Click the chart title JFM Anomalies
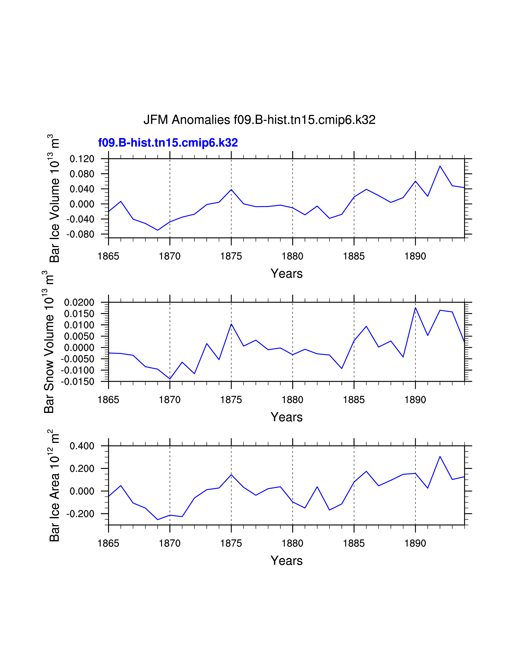click(x=259, y=120)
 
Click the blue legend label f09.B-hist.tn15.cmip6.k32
click(x=168, y=143)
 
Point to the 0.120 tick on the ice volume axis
click(x=82, y=159)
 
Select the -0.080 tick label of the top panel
click(x=80, y=234)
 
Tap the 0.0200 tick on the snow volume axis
click(x=79, y=302)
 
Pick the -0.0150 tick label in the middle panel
click(x=78, y=382)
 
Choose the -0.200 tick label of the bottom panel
click(x=80, y=514)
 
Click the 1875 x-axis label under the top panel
click(x=231, y=256)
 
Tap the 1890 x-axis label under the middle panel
click(x=415, y=400)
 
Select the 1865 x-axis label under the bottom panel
click(x=108, y=543)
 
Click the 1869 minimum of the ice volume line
click(x=157, y=230)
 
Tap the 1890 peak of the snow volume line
click(x=415, y=307)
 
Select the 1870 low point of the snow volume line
click(x=170, y=379)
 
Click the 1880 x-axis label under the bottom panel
click(x=292, y=543)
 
